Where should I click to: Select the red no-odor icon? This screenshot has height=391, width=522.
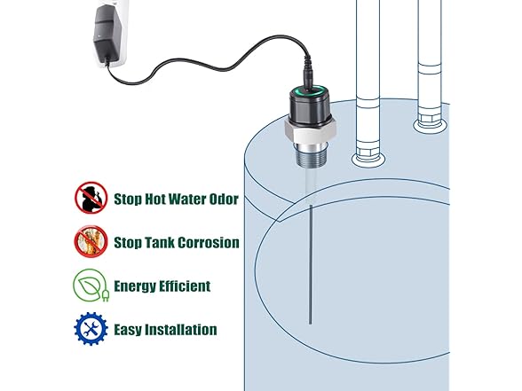(90, 197)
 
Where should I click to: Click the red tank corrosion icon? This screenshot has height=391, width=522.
(90, 241)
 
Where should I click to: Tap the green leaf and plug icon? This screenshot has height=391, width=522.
(90, 285)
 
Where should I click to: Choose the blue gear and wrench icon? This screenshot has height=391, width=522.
(90, 329)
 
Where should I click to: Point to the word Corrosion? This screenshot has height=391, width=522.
(206, 243)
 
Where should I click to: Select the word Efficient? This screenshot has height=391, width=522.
(182, 286)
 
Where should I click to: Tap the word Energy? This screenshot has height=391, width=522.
(131, 286)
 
